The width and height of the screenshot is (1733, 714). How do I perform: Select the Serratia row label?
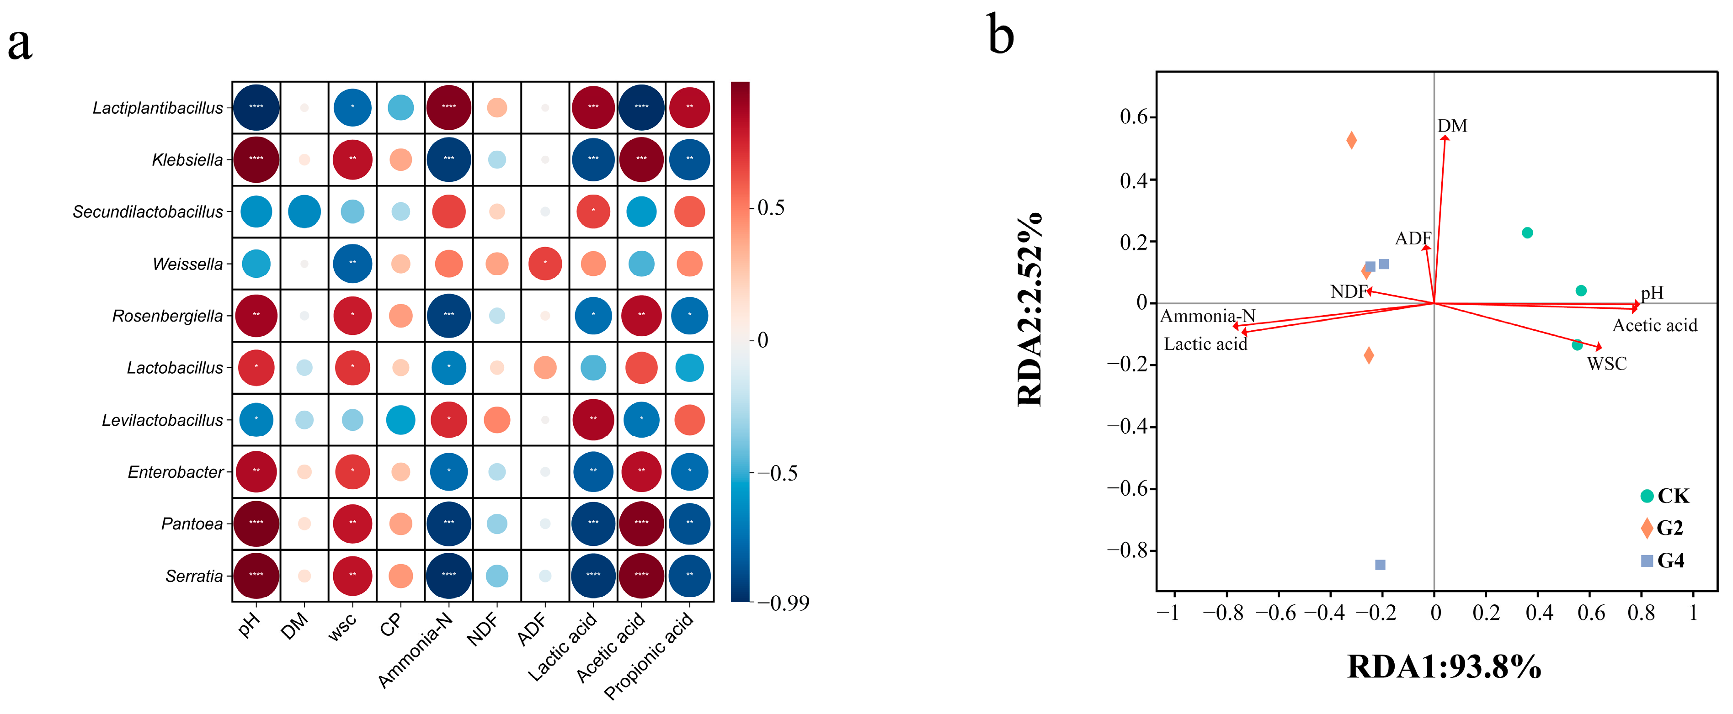(194, 576)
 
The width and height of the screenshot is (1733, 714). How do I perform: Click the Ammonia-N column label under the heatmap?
(415, 651)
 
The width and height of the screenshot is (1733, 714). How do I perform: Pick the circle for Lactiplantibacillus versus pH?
(256, 107)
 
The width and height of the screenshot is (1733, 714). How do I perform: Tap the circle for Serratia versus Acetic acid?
(641, 576)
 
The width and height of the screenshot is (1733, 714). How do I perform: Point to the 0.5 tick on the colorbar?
(770, 208)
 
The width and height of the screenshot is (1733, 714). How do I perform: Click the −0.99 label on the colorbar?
(783, 603)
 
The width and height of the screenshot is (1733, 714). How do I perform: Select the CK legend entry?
(1664, 496)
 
